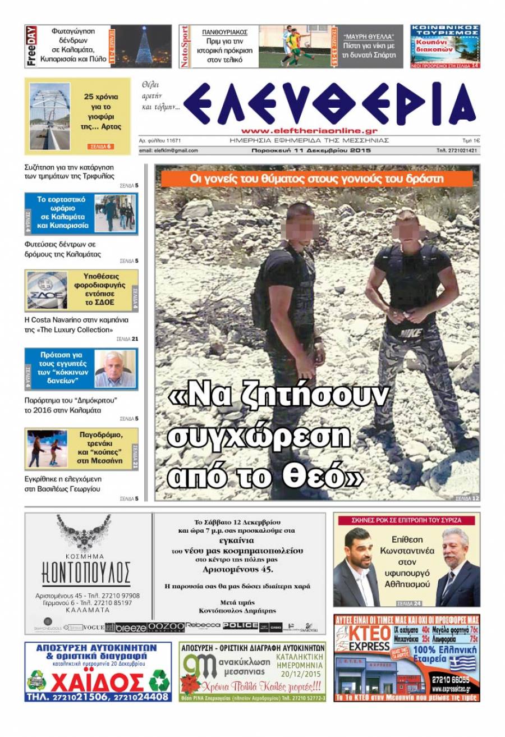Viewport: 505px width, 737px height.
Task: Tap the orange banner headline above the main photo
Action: coord(317,178)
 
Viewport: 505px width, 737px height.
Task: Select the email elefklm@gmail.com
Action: coord(168,150)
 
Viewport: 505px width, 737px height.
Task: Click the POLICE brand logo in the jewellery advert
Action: coord(240,625)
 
